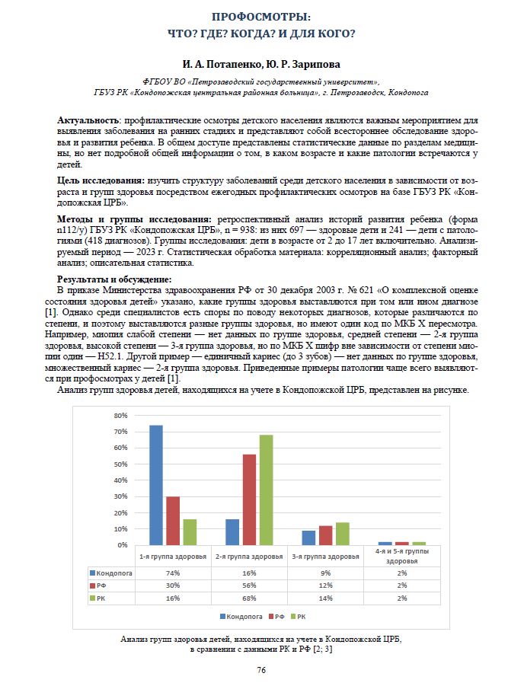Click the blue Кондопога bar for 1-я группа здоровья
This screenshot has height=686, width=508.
[156, 485]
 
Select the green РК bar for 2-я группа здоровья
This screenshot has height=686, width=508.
[266, 490]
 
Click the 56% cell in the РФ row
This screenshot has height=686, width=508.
[249, 586]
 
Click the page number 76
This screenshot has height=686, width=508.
[260, 670]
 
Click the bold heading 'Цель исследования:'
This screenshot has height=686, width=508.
[101, 180]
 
